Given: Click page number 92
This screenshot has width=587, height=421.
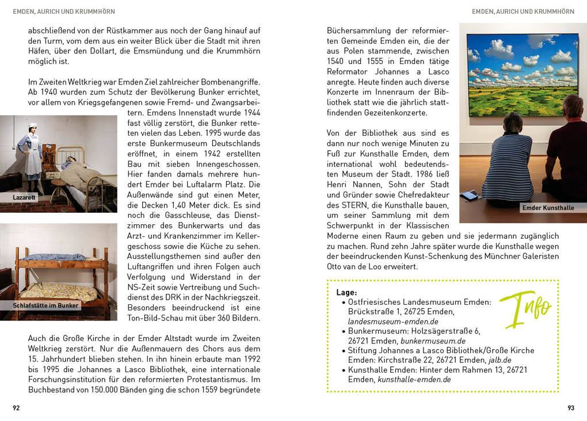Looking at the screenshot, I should click(x=17, y=408).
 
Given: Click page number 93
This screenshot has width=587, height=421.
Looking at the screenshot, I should click(x=570, y=408).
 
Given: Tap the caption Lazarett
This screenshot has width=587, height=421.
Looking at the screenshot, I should click(x=24, y=197).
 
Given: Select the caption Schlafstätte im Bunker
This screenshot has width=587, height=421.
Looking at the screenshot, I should click(x=45, y=305).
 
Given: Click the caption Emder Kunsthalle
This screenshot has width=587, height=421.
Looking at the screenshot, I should click(x=548, y=208).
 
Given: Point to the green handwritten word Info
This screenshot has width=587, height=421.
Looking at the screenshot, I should click(x=525, y=309).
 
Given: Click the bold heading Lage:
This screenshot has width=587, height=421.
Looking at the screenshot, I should click(x=346, y=292).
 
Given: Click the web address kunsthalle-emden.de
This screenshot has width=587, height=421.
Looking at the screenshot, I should click(x=414, y=380).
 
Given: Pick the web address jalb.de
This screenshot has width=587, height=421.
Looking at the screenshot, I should click(x=500, y=360).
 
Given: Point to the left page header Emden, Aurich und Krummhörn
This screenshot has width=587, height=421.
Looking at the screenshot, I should click(x=64, y=12).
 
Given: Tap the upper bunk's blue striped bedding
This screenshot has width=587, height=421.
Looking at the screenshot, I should click(x=55, y=257).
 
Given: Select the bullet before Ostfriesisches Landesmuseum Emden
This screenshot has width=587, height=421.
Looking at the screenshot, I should click(x=344, y=302).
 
